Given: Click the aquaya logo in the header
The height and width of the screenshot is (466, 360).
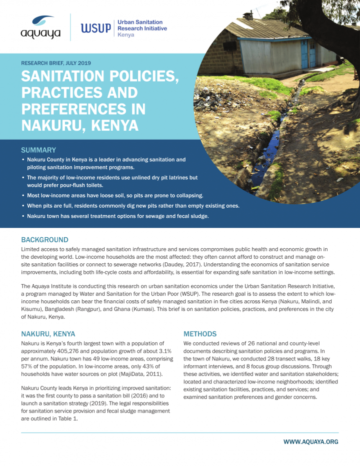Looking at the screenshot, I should click(x=41, y=28).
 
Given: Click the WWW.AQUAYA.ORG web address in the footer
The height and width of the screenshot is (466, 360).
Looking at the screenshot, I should click(x=310, y=441).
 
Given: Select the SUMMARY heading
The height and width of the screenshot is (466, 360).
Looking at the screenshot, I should click(x=38, y=150).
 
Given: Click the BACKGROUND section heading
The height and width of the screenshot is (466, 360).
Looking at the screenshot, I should click(x=44, y=240).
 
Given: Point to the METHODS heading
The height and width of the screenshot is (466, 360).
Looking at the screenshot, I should click(x=199, y=334).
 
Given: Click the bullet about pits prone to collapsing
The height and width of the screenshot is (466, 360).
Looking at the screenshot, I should click(x=115, y=195).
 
